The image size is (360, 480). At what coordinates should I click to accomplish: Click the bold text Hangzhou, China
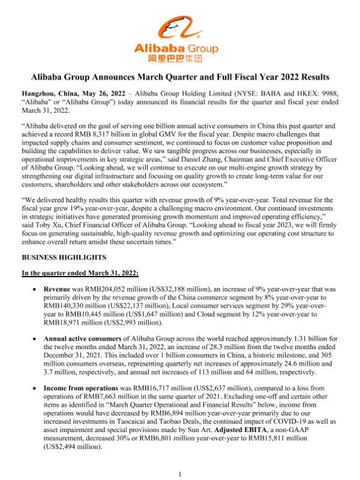pos(47,94)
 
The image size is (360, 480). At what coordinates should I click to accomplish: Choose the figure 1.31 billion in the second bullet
pos(285,339)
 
